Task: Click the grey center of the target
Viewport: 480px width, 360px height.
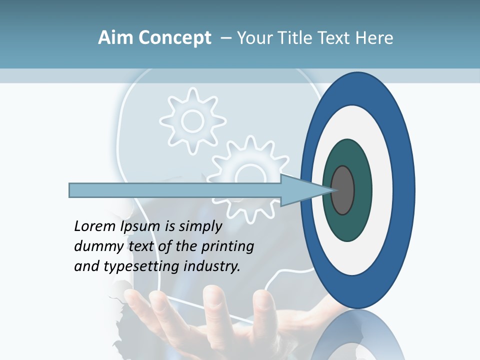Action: pos(342,190)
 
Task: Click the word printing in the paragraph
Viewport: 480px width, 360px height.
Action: pos(227,247)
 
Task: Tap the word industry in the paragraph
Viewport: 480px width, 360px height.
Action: pos(212,267)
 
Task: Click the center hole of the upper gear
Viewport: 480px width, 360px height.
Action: pos(192,120)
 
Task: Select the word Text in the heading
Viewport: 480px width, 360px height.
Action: pos(336,38)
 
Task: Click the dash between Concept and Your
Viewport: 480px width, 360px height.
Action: pos(225,38)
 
